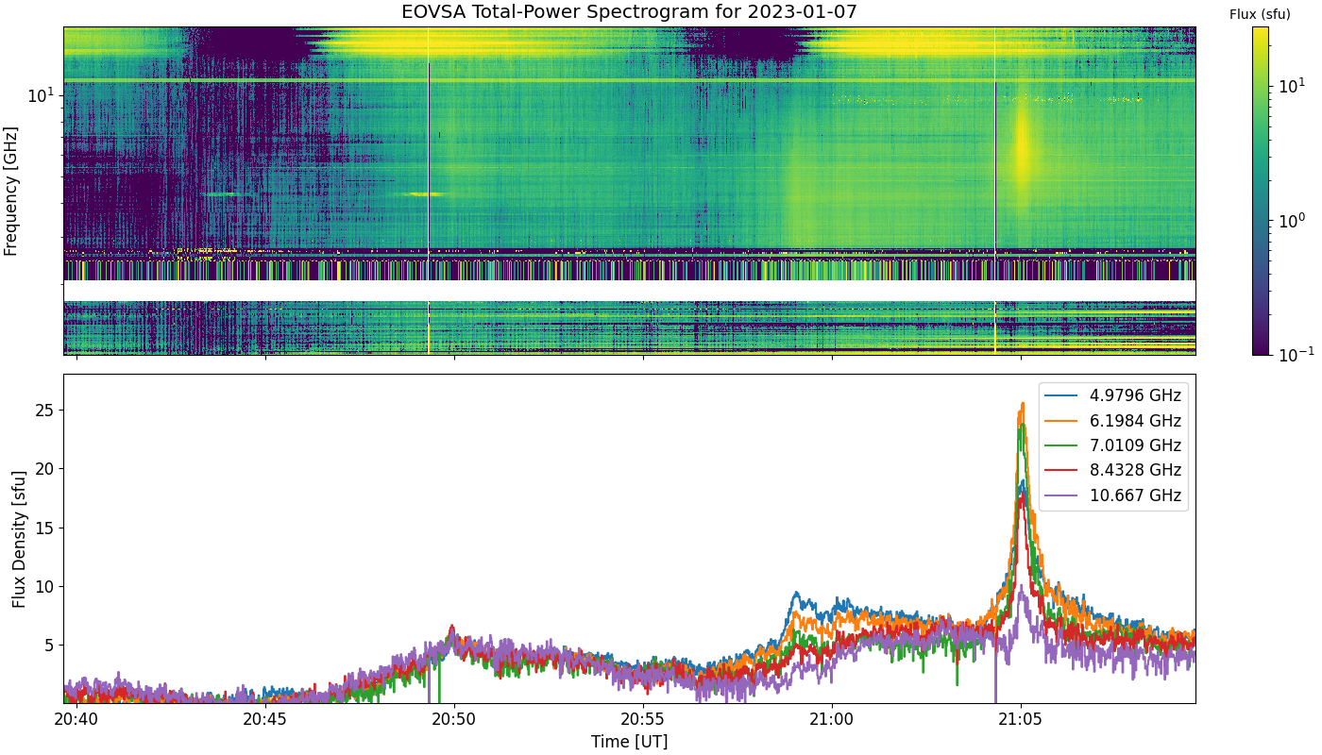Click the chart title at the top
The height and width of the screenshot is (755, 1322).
(629, 11)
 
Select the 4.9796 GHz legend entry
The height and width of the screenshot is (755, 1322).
(1113, 395)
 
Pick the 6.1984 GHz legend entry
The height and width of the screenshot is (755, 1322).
(1113, 421)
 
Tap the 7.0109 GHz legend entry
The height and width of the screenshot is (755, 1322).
(1113, 445)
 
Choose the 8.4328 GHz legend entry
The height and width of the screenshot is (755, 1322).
(1113, 470)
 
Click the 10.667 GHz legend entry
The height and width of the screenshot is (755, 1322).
(1113, 495)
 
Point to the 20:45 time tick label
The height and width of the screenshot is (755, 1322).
(265, 719)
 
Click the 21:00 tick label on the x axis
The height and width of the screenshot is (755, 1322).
(832, 719)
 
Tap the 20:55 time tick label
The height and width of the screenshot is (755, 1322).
(643, 719)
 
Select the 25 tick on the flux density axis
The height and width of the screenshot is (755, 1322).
(44, 411)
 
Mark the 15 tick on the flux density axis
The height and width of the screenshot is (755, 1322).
(44, 528)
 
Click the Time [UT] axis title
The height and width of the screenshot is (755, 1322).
(629, 742)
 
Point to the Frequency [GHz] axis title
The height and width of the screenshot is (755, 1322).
(10, 191)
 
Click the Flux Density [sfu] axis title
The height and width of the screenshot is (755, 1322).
(19, 539)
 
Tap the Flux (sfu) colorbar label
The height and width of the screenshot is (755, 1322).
(1260, 15)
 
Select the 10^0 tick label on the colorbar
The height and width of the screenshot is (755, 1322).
(1292, 220)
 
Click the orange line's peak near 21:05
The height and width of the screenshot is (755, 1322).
(1022, 404)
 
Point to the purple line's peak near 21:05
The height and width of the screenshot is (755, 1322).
(1022, 586)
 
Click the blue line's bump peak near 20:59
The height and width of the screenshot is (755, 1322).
(796, 593)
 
